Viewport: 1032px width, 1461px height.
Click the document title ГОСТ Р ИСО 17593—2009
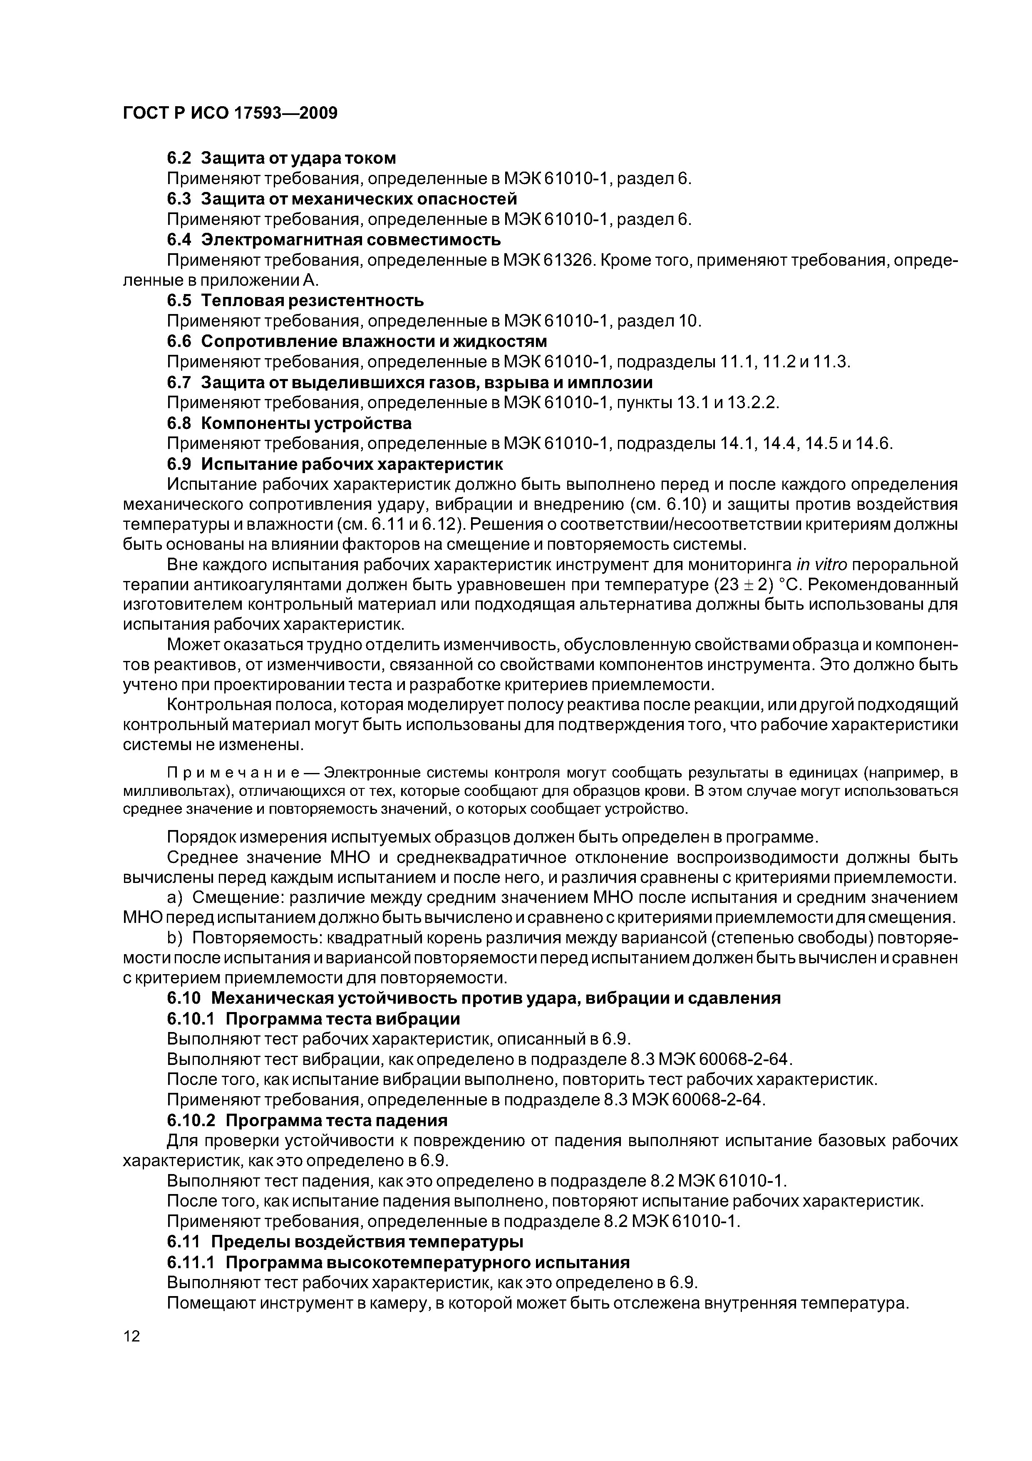click(230, 113)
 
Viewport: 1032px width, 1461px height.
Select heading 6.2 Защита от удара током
click(281, 158)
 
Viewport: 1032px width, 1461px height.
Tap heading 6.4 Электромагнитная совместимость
click(334, 240)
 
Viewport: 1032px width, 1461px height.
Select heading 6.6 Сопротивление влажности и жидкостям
click(357, 341)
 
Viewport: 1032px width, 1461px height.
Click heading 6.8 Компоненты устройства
click(289, 423)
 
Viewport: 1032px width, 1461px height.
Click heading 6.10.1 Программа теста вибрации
click(313, 1019)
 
